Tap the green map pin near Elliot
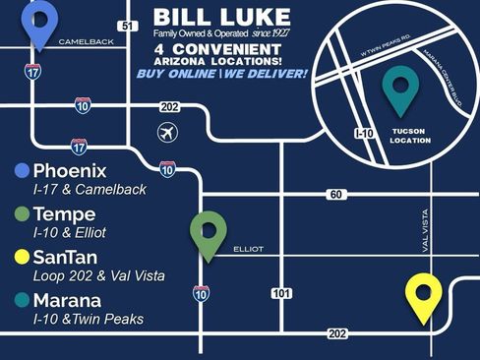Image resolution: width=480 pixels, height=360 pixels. coord(208,233)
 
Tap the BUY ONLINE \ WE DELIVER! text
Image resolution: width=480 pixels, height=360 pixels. coord(221,74)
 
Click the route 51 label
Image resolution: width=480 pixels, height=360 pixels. coord(125,26)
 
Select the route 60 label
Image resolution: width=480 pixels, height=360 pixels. coord(336,195)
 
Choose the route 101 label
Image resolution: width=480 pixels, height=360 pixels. coord(281,293)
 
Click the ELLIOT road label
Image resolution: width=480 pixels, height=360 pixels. coord(248,250)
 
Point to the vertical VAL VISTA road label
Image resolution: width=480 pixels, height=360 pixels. coord(426,229)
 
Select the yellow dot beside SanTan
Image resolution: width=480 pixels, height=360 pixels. coord(22,257)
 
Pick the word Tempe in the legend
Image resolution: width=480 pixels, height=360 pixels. coord(65,213)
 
